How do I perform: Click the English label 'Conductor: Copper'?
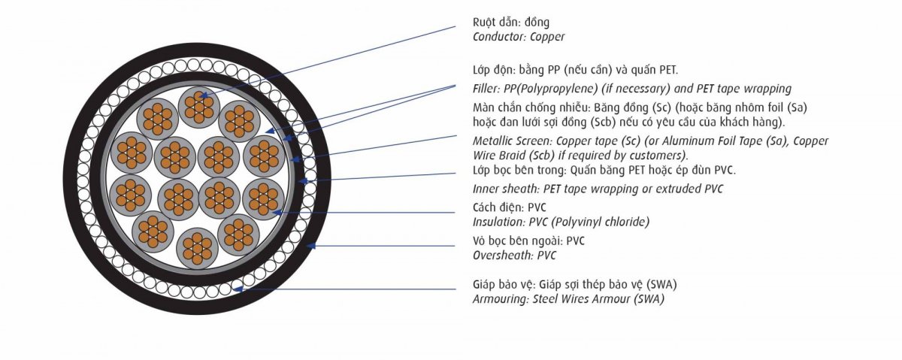point(518,37)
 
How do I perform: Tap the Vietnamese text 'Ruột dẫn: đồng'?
point(511,22)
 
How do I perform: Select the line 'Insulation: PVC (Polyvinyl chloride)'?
point(561,222)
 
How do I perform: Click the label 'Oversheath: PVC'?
point(514,256)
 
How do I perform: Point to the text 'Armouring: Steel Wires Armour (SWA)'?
point(568,299)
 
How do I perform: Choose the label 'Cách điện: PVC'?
point(510,207)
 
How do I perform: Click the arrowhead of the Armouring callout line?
point(238,289)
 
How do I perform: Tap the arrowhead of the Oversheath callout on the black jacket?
point(310,246)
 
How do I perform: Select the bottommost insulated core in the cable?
point(197,249)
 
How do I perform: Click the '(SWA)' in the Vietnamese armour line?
point(661,285)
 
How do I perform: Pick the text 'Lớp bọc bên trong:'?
point(520,171)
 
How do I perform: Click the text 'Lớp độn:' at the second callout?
point(494,70)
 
